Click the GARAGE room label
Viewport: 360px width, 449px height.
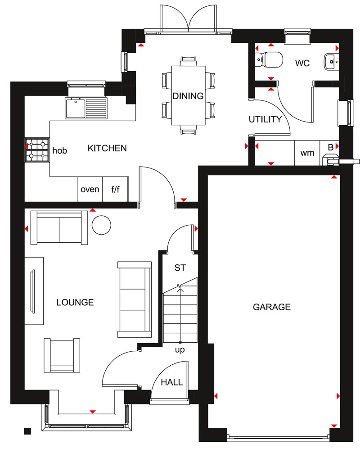click(272, 307)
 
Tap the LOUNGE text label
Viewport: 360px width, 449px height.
click(75, 302)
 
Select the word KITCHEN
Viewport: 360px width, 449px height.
click(107, 148)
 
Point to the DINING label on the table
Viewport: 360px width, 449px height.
click(188, 96)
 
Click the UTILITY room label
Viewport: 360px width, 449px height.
click(265, 119)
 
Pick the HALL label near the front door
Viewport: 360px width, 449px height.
click(172, 382)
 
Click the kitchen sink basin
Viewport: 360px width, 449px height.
click(74, 109)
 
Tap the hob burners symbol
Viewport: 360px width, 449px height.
click(37, 150)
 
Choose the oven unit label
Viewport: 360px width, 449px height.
click(90, 189)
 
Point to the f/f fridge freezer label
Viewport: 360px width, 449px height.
click(116, 189)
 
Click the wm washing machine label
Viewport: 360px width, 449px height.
click(307, 153)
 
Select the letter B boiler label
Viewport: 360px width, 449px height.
click(331, 147)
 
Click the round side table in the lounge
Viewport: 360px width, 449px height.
click(102, 224)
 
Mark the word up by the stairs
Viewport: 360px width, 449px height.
click(180, 349)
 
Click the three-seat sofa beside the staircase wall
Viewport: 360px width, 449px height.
click(134, 299)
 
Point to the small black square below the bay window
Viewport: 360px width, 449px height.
click(27, 431)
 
